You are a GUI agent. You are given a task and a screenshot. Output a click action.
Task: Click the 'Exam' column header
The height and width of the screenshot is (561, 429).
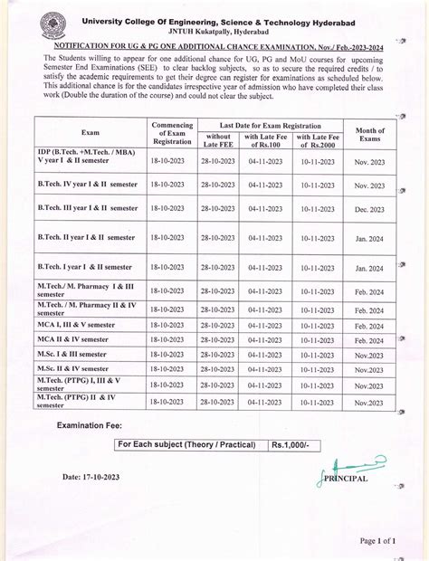[x=90, y=131]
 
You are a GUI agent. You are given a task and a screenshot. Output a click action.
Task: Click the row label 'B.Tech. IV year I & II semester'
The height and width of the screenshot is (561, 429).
[x=87, y=184]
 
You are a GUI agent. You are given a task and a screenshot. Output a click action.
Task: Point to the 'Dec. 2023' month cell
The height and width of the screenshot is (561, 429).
[x=369, y=207]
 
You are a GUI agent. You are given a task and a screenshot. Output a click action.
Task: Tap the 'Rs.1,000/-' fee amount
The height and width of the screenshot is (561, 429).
[x=291, y=446]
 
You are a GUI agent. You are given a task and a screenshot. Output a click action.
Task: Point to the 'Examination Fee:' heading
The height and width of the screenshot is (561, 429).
[x=98, y=424]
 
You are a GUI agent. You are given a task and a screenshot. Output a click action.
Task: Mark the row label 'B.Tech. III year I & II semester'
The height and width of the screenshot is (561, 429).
[x=87, y=207]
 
